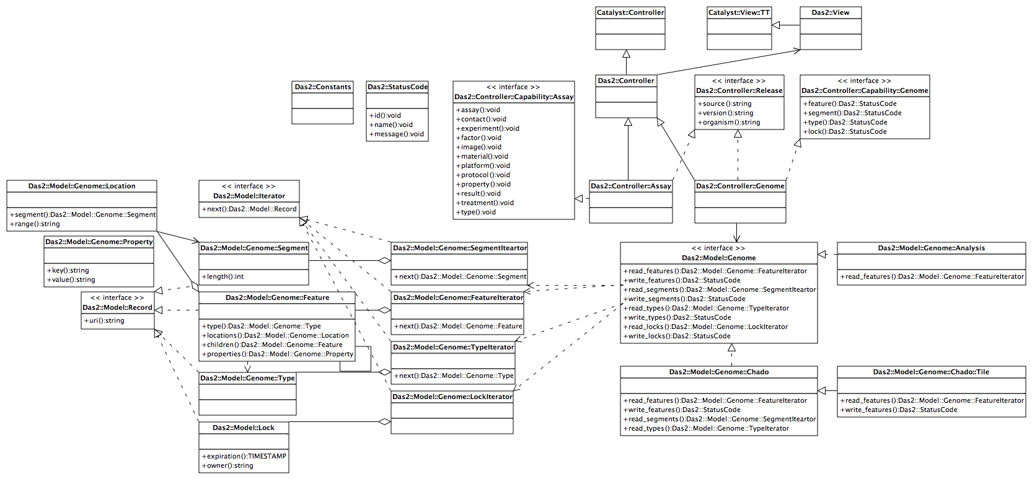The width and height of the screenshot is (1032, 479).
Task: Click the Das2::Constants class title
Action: click(x=323, y=87)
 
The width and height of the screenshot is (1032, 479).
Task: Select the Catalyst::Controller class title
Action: click(x=630, y=12)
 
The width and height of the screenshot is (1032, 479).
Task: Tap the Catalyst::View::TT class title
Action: click(x=739, y=12)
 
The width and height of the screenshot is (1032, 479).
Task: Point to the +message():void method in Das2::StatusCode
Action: click(x=397, y=134)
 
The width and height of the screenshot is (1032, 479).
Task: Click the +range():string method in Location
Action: click(x=35, y=224)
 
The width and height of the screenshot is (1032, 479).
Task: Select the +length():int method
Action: click(x=222, y=276)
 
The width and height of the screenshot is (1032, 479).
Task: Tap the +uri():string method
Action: click(x=104, y=320)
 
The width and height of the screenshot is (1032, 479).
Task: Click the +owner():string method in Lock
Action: click(x=227, y=465)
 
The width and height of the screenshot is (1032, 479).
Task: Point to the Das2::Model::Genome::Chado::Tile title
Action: click(x=931, y=372)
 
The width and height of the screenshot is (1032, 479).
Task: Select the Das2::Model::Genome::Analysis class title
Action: click(x=931, y=248)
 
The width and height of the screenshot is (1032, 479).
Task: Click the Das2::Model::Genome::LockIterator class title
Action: click(x=452, y=397)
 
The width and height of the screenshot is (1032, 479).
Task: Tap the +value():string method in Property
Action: click(x=71, y=279)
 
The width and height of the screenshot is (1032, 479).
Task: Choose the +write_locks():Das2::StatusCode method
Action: click(x=677, y=336)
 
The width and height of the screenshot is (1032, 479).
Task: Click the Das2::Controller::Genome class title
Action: click(x=740, y=186)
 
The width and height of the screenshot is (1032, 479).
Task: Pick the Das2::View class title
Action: click(x=831, y=12)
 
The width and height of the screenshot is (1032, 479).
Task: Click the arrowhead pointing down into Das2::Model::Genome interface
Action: click(x=736, y=238)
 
